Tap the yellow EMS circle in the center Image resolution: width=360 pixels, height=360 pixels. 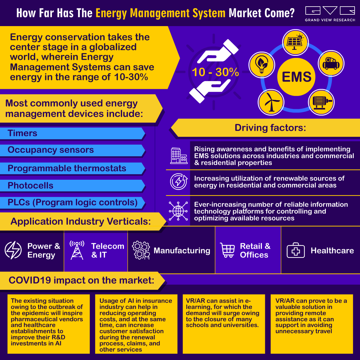click(296, 76)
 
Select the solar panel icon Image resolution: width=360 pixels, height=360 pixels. click(295, 42)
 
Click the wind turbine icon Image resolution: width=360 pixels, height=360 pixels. click(271, 102)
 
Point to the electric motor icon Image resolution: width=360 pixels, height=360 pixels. click(321, 102)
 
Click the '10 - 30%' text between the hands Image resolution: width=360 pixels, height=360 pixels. click(215, 72)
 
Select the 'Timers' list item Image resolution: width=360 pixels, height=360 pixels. click(22, 133)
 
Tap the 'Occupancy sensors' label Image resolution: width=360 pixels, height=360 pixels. click(51, 150)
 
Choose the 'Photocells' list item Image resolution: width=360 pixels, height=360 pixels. click(30, 186)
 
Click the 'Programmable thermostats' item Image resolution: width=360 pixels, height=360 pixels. click(67, 168)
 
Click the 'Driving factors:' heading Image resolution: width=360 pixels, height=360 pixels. click(270, 128)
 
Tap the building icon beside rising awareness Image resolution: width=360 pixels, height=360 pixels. click(178, 155)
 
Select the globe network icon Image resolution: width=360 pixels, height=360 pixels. click(178, 211)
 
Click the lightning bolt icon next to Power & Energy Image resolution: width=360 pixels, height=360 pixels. click(13, 250)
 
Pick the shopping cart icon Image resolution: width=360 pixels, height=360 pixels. click(227, 250)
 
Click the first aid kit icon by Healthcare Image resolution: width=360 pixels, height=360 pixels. click(295, 250)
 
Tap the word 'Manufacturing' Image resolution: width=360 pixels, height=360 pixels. click(182, 250)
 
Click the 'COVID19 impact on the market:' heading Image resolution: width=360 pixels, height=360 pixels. click(81, 280)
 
